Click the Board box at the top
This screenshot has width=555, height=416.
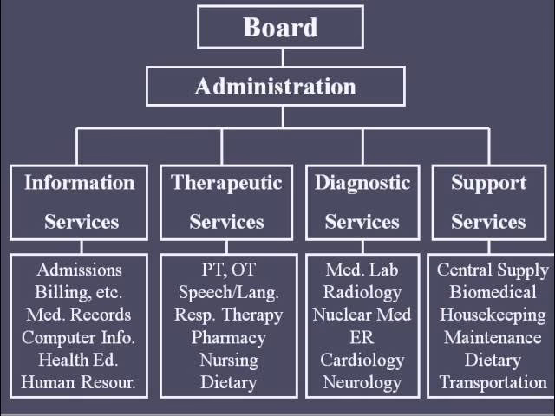281,27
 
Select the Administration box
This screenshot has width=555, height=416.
275,87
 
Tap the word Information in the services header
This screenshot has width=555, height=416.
80,183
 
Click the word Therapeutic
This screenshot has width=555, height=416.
226,183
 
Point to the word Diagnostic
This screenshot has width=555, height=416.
362,183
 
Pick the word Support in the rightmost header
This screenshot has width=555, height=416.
488,183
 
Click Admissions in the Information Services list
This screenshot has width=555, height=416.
79,270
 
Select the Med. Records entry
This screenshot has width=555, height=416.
79,315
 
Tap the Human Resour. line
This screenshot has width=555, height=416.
79,381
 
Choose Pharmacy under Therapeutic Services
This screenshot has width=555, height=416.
228,337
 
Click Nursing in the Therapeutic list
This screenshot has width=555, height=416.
228,360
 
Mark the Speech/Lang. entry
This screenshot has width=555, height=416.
228,292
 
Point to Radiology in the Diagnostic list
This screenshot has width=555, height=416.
362,292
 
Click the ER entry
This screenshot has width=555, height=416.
362,337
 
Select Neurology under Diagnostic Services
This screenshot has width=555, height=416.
362,381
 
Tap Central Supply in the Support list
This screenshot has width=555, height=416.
492,270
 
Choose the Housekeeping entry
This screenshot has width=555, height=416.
492,315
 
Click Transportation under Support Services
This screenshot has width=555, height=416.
492,381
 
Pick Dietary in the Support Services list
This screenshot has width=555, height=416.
492,360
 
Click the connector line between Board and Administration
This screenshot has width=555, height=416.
282,57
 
